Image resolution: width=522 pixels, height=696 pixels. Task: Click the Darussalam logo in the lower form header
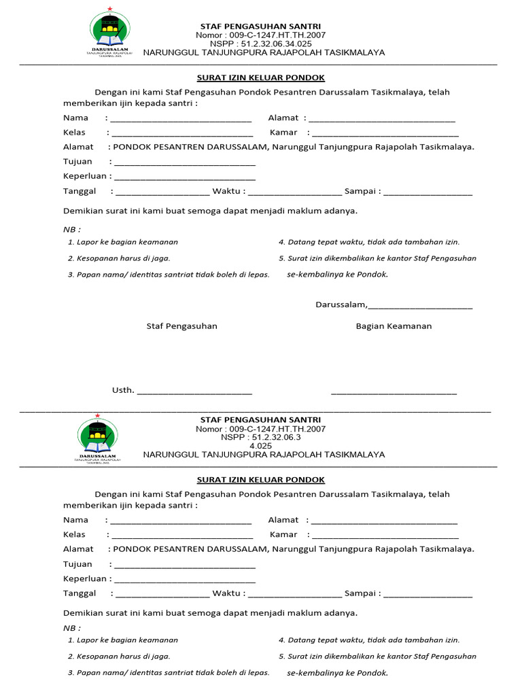[x=97, y=438]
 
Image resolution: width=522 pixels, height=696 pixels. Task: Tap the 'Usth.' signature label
[x=123, y=390]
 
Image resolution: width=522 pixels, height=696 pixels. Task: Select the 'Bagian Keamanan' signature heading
[x=394, y=326]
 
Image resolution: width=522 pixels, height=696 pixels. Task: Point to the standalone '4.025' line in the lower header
[x=260, y=446]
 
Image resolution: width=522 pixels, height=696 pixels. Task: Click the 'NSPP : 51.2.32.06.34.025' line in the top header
[x=260, y=43]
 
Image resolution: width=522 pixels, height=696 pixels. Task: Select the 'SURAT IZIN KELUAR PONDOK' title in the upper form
[x=260, y=78]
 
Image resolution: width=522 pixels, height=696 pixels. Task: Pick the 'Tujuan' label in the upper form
[x=77, y=162]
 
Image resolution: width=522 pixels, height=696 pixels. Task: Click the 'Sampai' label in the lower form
[x=360, y=593]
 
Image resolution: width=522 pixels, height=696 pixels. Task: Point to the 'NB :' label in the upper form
[x=72, y=229]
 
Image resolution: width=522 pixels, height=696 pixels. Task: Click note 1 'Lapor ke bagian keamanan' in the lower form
[x=123, y=640]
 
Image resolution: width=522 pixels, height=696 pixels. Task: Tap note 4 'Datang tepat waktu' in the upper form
[x=369, y=242]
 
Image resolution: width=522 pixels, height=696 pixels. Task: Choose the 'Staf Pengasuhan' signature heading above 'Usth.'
[x=182, y=326]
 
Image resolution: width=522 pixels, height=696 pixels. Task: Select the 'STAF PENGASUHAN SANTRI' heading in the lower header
[x=260, y=420]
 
